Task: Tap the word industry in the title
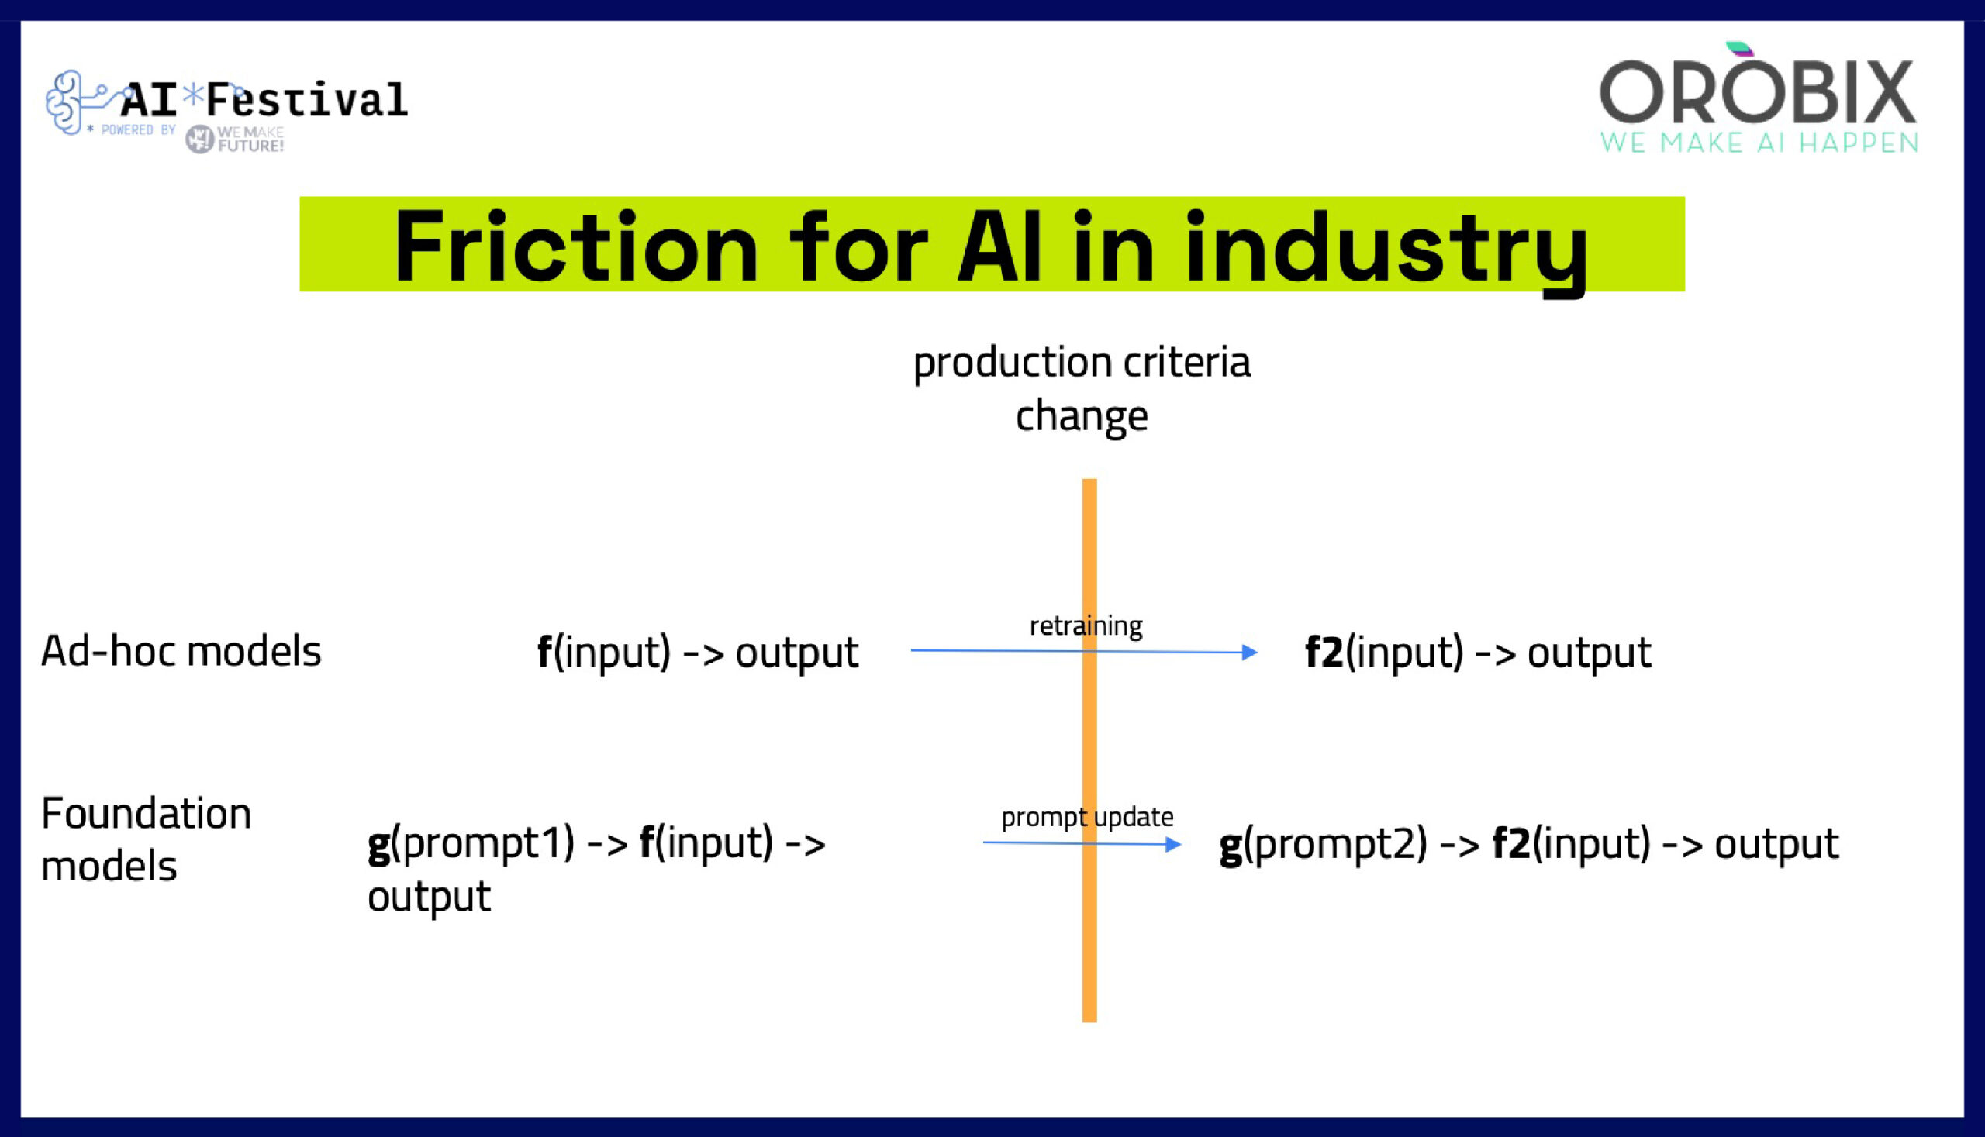coord(1386,247)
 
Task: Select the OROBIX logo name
coord(1758,92)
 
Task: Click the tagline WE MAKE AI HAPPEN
coord(1759,143)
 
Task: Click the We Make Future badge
coord(234,140)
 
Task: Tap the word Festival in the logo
coord(306,100)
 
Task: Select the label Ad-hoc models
coord(181,650)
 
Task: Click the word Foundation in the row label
coord(146,814)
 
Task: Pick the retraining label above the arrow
coord(1086,625)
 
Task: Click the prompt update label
coord(1086,817)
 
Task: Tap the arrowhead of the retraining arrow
coord(1250,652)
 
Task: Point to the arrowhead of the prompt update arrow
coord(1172,843)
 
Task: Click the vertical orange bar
coord(1089,937)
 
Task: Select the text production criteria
coord(1081,363)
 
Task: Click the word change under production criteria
coord(1081,416)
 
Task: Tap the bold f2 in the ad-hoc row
coord(1324,652)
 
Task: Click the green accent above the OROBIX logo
coord(1739,49)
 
